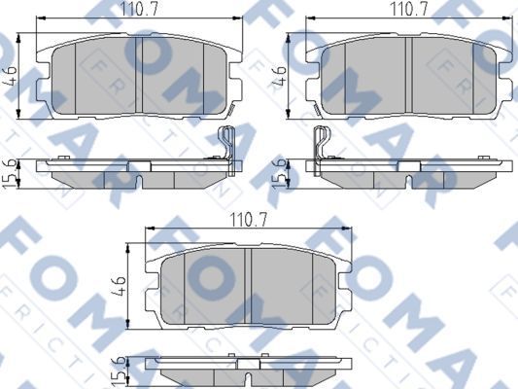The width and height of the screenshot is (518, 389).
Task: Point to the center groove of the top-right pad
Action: click(412, 75)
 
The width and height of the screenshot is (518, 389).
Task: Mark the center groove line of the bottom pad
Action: click(252, 288)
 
